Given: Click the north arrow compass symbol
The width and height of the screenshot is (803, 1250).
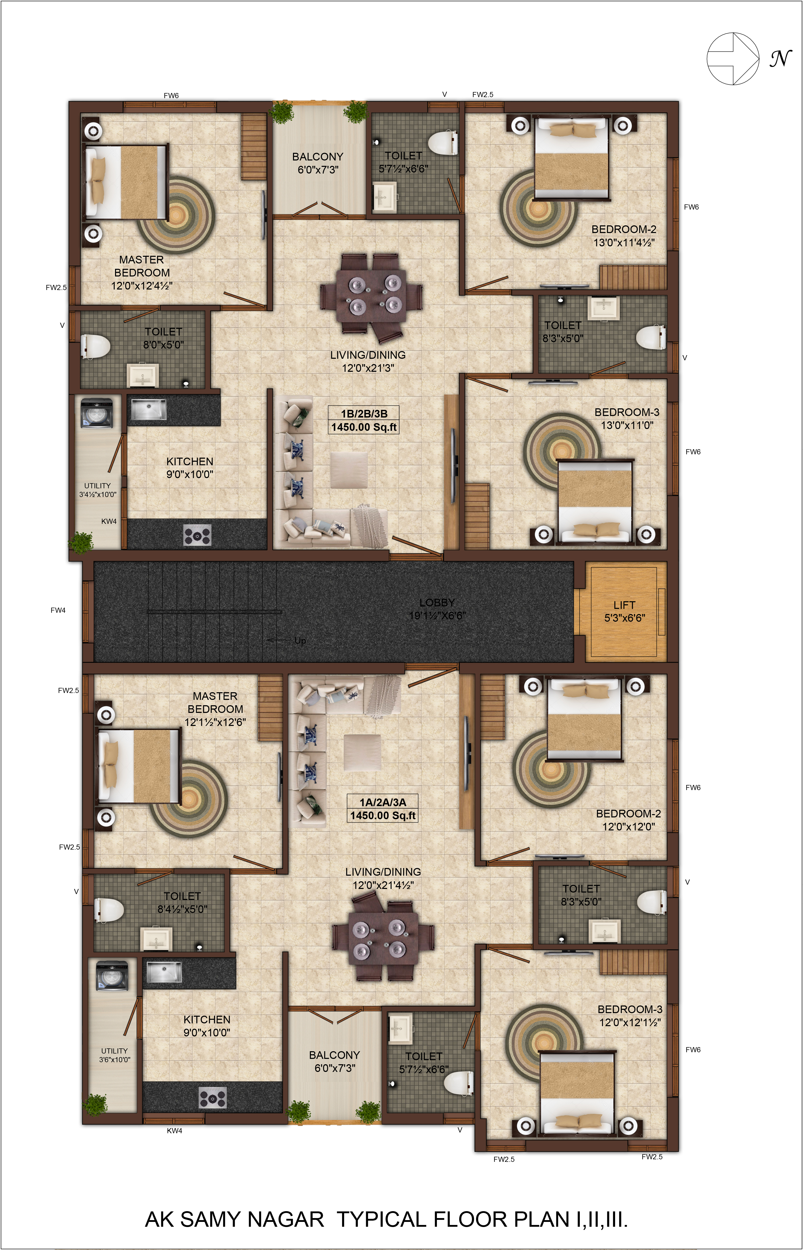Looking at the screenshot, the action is (x=733, y=58).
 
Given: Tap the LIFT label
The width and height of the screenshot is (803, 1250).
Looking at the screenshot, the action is (x=624, y=605).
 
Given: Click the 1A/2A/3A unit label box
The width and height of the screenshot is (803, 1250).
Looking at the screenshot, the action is (x=383, y=809).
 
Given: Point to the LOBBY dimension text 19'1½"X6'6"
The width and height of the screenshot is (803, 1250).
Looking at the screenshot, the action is (x=437, y=615).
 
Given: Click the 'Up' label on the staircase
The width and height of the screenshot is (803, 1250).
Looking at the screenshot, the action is (x=300, y=640).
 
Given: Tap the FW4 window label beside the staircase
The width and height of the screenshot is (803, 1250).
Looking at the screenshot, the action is (x=58, y=610).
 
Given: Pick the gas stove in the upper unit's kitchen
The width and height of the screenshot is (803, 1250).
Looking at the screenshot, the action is (x=198, y=535).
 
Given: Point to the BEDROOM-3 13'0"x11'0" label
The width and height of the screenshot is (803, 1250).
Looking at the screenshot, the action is (x=627, y=418).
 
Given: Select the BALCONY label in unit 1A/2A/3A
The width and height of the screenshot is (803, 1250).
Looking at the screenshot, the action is (x=334, y=1055).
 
